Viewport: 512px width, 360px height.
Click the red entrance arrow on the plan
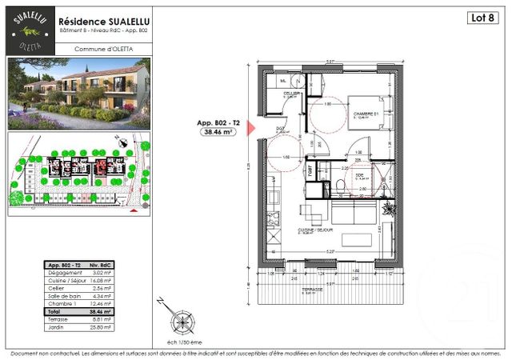[250, 128]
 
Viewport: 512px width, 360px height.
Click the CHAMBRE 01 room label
[366, 114]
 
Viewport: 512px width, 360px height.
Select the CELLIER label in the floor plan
[290, 94]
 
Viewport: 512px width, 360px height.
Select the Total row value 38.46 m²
[101, 310]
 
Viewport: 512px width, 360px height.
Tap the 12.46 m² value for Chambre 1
[101, 303]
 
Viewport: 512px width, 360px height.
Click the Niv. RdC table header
[101, 265]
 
